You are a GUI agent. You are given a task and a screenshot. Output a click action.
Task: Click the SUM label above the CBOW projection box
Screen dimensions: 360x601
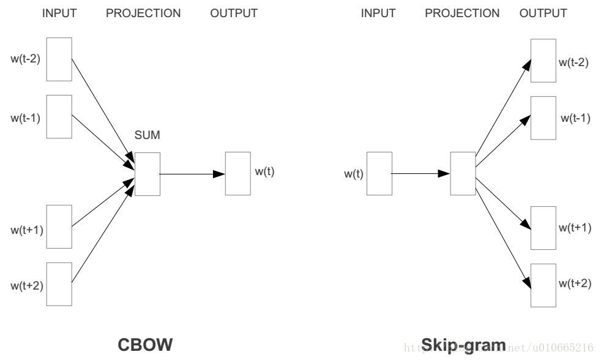point(147,135)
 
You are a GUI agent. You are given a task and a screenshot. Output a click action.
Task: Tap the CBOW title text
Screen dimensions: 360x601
point(145,345)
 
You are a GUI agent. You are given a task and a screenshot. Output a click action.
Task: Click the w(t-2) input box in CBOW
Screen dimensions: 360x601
point(59,59)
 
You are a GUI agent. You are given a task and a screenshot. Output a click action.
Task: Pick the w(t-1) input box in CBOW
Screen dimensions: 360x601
point(59,116)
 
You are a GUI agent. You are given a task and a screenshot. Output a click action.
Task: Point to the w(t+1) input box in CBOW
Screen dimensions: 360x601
point(59,227)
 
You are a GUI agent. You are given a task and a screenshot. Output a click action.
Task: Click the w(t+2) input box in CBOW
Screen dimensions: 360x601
point(59,283)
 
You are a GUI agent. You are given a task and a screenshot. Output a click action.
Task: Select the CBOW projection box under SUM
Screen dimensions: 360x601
point(147,174)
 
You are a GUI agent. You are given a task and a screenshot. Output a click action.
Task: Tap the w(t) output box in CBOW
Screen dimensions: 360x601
point(237,174)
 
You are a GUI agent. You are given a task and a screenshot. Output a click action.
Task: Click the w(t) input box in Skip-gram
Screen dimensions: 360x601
point(379,174)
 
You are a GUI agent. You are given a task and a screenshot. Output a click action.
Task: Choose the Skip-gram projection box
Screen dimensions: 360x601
point(463,174)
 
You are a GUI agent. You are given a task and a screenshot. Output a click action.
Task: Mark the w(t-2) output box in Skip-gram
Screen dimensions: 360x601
point(543,61)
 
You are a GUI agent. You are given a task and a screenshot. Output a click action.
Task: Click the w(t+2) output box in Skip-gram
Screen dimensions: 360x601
point(543,285)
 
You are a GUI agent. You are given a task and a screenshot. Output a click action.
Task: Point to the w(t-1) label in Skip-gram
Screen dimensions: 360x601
point(575,118)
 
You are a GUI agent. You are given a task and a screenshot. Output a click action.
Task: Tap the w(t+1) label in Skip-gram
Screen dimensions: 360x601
point(575,228)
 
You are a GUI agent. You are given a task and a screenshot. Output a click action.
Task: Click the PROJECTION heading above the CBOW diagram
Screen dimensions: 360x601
point(143,13)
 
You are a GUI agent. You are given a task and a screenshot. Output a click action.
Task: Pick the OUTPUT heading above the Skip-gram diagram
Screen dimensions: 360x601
point(543,13)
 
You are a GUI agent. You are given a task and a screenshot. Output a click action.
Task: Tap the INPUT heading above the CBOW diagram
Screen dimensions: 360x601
point(59,13)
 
